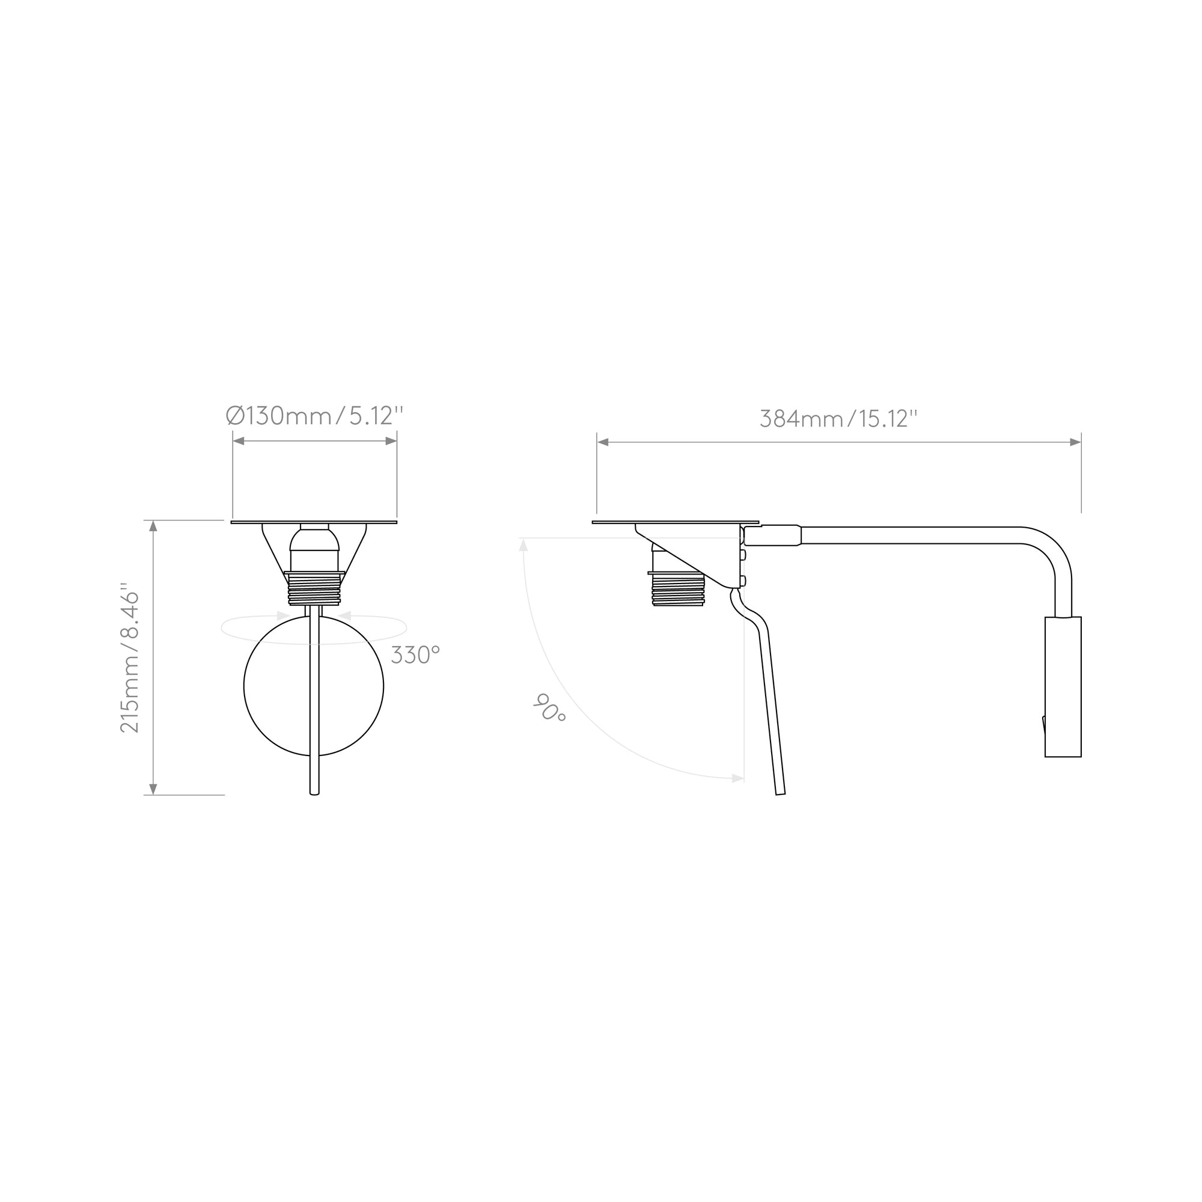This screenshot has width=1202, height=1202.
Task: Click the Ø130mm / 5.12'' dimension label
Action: [x=315, y=416]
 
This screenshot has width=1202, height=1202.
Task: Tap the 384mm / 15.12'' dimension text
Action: [x=838, y=419]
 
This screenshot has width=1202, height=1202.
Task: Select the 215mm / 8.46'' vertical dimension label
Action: [x=129, y=657]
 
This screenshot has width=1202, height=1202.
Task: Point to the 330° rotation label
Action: [x=415, y=655]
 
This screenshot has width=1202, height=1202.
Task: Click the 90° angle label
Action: [x=549, y=708]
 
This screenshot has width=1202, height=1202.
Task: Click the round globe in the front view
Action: [x=314, y=686]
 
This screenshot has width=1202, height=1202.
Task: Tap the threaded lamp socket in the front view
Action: [x=314, y=588]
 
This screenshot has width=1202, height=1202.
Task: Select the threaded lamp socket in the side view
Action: [x=677, y=588]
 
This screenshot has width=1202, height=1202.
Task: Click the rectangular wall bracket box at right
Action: [x=1063, y=687]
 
